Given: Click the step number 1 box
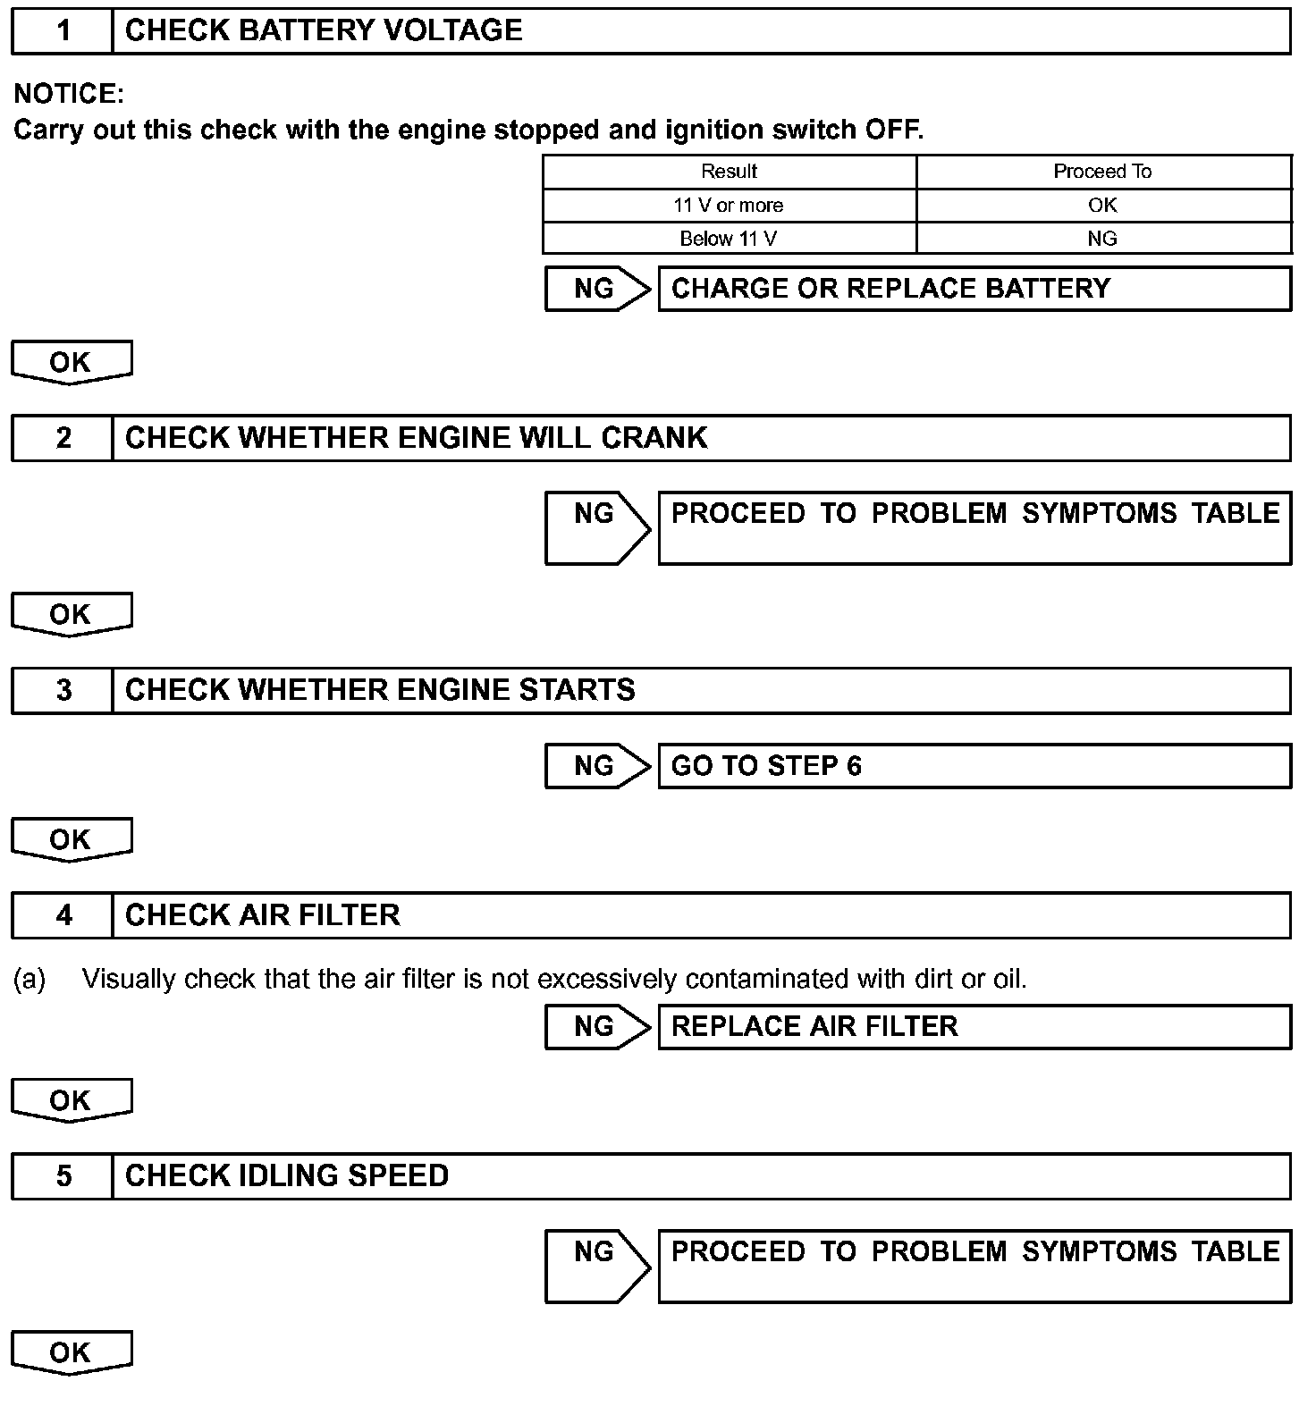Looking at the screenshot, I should pos(63,31).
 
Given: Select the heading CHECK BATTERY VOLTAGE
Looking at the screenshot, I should pos(324,31).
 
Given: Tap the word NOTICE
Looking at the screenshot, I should pos(69,94).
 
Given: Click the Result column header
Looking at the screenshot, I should pos(729,172).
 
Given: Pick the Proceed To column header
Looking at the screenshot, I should pos(1102,172).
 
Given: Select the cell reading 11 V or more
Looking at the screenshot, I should pos(729,206).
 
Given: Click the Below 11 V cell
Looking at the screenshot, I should pos(729,239).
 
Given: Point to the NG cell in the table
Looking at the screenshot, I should pos(1102,239).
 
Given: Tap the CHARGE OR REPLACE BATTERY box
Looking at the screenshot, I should pos(974,289).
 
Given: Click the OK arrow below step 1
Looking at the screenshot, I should pos(71,363).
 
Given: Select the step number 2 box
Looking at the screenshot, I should pos(63,438).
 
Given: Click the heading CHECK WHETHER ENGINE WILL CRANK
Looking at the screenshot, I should pos(416,438).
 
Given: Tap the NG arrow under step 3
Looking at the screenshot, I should pos(596,766).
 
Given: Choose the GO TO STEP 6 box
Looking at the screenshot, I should pos(974,766).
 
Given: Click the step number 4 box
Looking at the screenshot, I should pos(63,915).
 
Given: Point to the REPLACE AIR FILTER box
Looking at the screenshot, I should pos(974,1026).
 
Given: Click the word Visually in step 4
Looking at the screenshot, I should pos(128,980).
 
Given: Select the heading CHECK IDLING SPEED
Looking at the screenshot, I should pos(287,1175).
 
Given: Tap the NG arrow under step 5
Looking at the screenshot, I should pos(596,1266).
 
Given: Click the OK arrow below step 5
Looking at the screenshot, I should pos(71,1353).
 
